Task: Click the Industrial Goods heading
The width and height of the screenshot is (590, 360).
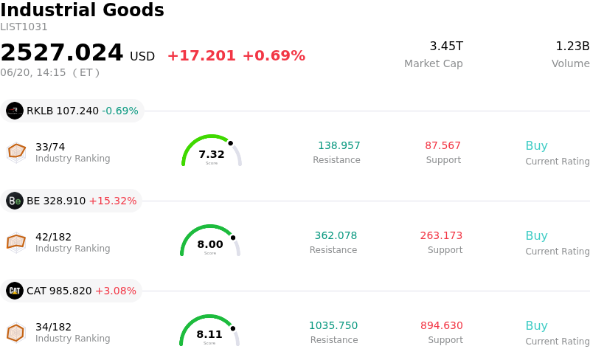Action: pyautogui.click(x=82, y=10)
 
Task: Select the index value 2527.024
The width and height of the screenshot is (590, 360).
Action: pyautogui.click(x=62, y=52)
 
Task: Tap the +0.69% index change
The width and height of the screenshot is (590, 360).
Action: pyautogui.click(x=274, y=56)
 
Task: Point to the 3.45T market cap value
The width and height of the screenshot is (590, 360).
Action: pyautogui.click(x=446, y=46)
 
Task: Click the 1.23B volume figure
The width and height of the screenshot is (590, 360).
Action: pyautogui.click(x=572, y=46)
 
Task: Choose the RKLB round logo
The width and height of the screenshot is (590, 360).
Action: pyautogui.click(x=15, y=111)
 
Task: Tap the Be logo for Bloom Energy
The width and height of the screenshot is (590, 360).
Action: pyautogui.click(x=15, y=201)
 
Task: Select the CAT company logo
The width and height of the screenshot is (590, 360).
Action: pyautogui.click(x=15, y=291)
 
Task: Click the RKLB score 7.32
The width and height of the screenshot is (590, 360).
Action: pyautogui.click(x=212, y=154)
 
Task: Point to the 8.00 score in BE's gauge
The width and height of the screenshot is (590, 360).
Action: pyautogui.click(x=210, y=244)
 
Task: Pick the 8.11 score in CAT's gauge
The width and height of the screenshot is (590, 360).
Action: pyautogui.click(x=209, y=334)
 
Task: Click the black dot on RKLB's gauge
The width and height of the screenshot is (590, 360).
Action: pyautogui.click(x=230, y=143)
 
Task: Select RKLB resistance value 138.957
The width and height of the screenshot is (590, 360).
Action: pyautogui.click(x=339, y=145)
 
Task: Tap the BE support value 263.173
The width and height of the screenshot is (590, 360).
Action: pyautogui.click(x=441, y=235)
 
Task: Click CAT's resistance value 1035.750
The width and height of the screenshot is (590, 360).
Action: pyautogui.click(x=333, y=325)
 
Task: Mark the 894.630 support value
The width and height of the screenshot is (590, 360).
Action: pyautogui.click(x=442, y=325)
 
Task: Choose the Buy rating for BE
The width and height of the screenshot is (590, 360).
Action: pyautogui.click(x=537, y=236)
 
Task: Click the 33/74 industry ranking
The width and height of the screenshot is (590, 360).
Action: pyautogui.click(x=50, y=147)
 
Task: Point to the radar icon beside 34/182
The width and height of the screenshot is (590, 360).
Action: pyautogui.click(x=16, y=333)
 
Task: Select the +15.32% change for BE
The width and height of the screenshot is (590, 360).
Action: pyautogui.click(x=113, y=201)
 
